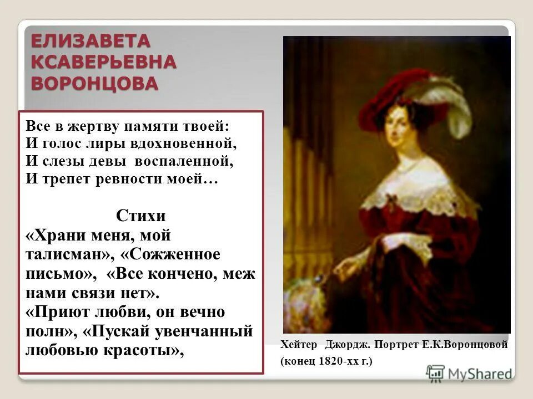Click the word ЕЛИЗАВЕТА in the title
click(90, 41)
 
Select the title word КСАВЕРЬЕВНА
click(103, 62)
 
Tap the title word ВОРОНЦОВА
click(94, 83)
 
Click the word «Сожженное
click(170, 255)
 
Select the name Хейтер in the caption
click(299, 345)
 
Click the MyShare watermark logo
click(469, 373)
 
